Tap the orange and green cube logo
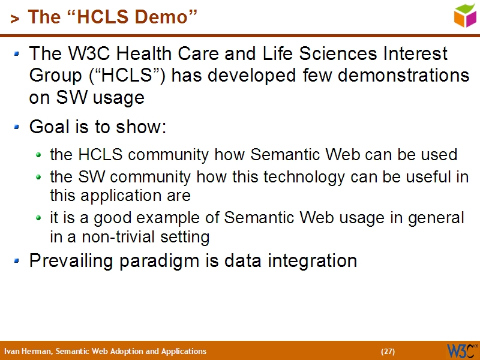click(465, 16)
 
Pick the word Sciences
click(336, 54)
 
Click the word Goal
click(48, 128)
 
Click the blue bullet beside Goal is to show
click(17, 127)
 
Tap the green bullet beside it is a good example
click(38, 218)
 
